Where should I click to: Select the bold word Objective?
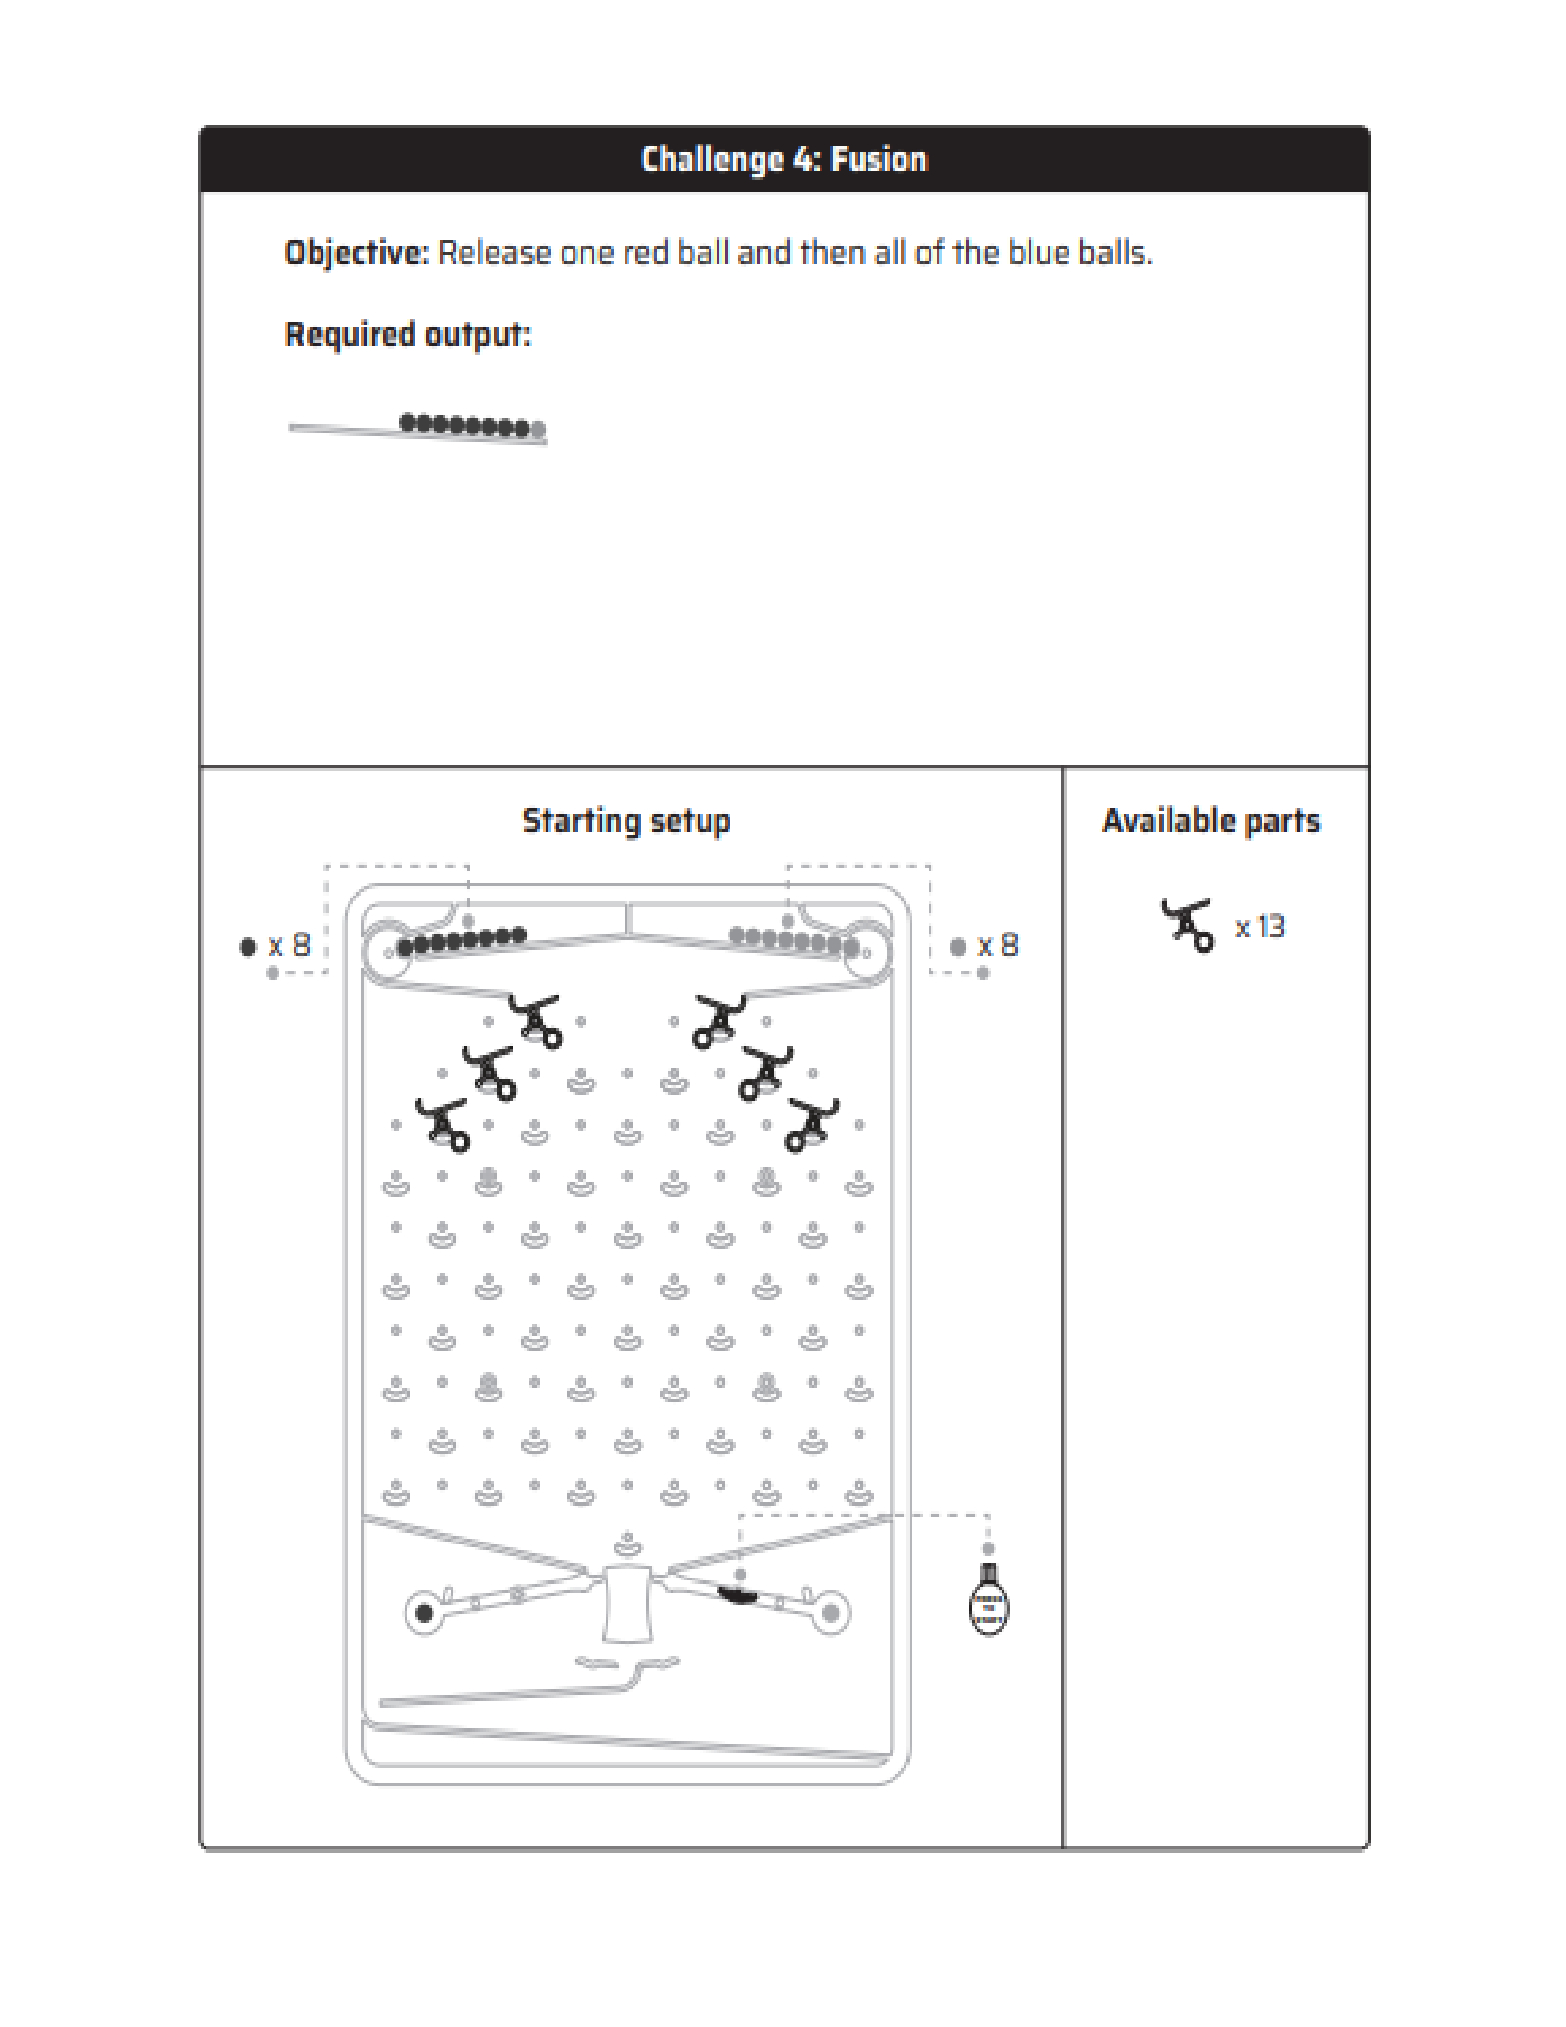click(356, 252)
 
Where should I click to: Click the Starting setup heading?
click(626, 821)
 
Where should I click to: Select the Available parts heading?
click(1210, 821)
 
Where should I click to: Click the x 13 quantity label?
click(1259, 926)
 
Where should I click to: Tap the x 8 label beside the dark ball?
click(289, 946)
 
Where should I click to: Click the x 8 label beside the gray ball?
click(997, 946)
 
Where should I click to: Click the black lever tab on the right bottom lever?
click(738, 1595)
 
